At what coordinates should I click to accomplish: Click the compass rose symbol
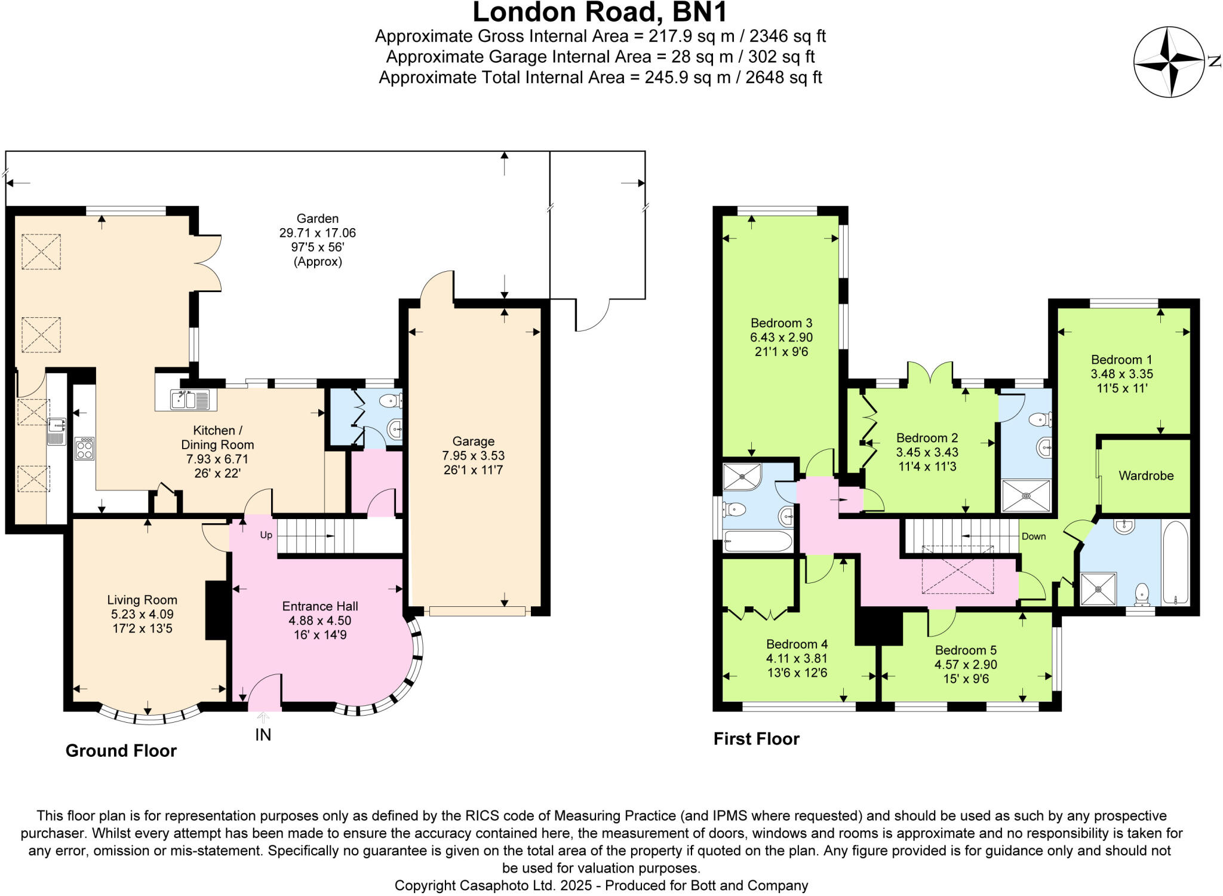tap(1169, 62)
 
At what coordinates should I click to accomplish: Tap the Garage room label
tap(473, 441)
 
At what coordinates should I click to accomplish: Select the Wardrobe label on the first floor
tap(1146, 476)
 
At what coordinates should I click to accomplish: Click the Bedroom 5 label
tap(966, 650)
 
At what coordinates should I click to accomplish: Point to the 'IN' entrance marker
tap(263, 735)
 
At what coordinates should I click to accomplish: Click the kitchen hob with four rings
tap(84, 448)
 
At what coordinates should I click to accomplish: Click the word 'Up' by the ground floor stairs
tap(266, 535)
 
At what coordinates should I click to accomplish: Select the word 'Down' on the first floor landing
tap(1034, 536)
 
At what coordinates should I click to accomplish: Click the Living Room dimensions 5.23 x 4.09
tap(142, 614)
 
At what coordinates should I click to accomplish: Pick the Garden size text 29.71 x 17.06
tap(317, 233)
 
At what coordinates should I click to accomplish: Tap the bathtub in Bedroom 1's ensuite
tap(1176, 562)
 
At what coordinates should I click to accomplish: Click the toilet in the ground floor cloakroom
tap(392, 400)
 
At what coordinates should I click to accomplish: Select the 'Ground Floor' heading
tap(121, 751)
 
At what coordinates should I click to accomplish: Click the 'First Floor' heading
tap(756, 739)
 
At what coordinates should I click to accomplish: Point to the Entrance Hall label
tap(320, 606)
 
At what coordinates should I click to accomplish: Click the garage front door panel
tap(477, 611)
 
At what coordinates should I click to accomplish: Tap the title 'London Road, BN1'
tap(600, 12)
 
